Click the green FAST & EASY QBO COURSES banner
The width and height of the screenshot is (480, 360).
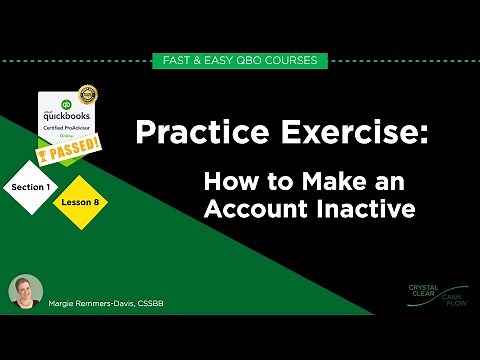(239, 61)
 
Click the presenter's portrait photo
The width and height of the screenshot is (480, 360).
(27, 292)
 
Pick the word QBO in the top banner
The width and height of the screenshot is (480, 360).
(248, 61)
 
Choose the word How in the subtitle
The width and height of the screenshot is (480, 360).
(230, 182)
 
